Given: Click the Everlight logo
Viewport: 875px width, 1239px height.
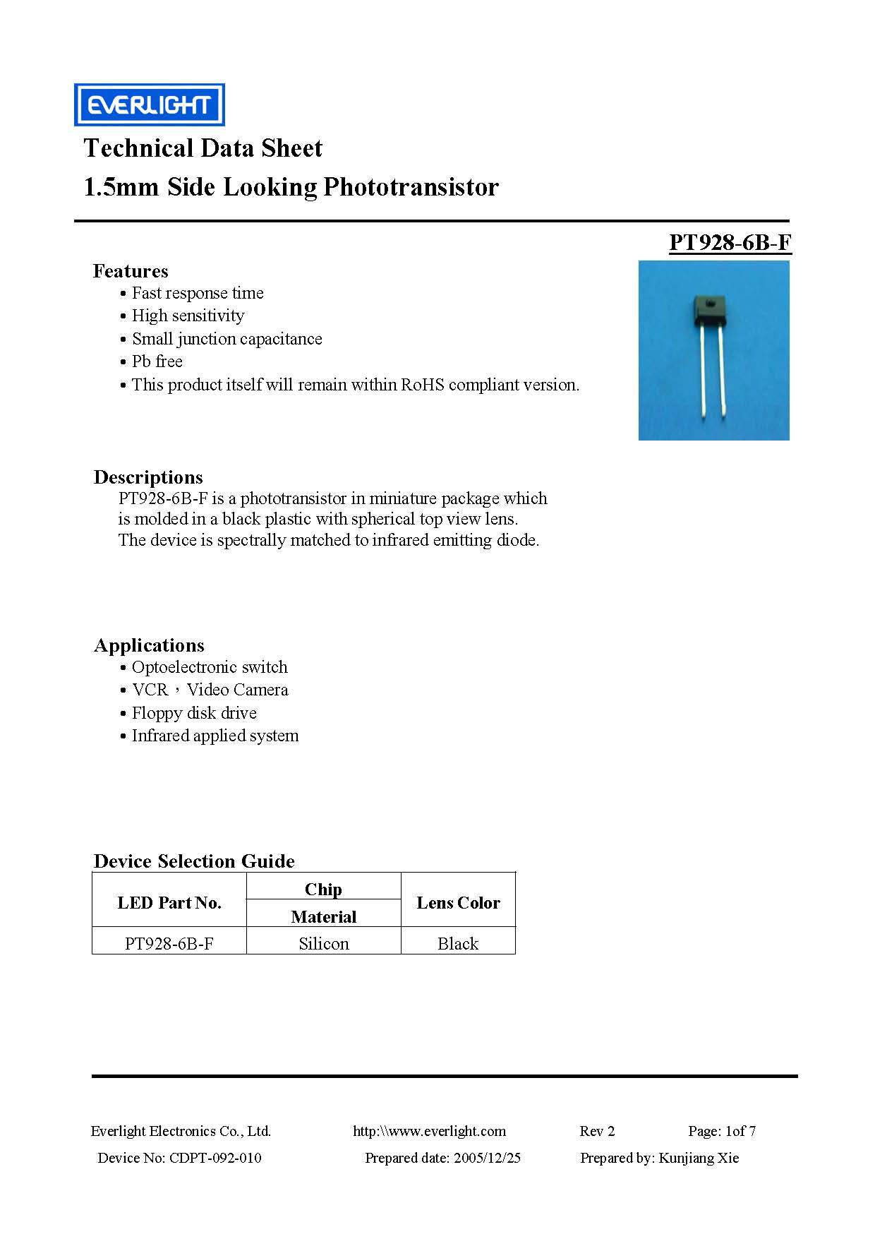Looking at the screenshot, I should (150, 104).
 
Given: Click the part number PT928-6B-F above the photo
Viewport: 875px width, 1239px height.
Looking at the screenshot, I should (730, 242).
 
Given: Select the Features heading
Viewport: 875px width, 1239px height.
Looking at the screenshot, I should (131, 271).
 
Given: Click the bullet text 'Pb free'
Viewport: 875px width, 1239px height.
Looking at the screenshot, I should (157, 361).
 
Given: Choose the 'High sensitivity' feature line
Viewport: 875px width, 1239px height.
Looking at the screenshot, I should (188, 316).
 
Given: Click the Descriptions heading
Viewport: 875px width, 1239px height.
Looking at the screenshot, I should (148, 477).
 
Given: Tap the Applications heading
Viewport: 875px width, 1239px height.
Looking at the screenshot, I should (149, 645).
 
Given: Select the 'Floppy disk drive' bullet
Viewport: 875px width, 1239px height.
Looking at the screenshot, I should (194, 713).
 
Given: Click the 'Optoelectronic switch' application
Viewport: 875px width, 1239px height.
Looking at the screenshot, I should (210, 667).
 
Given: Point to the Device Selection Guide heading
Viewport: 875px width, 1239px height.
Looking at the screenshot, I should (194, 861).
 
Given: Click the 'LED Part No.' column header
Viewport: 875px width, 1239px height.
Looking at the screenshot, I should (169, 903).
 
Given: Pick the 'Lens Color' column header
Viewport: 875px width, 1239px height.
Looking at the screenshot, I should (458, 903).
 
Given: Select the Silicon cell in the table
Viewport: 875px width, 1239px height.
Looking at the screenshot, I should (324, 944).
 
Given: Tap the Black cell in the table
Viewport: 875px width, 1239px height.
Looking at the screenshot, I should (458, 944).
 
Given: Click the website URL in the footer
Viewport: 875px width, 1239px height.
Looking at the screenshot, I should (429, 1131).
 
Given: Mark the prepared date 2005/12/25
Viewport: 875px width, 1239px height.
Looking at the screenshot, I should (487, 1158).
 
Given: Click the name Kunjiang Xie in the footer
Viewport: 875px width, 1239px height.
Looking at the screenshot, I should (698, 1158).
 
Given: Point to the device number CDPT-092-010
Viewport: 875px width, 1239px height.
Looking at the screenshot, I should (215, 1158).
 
